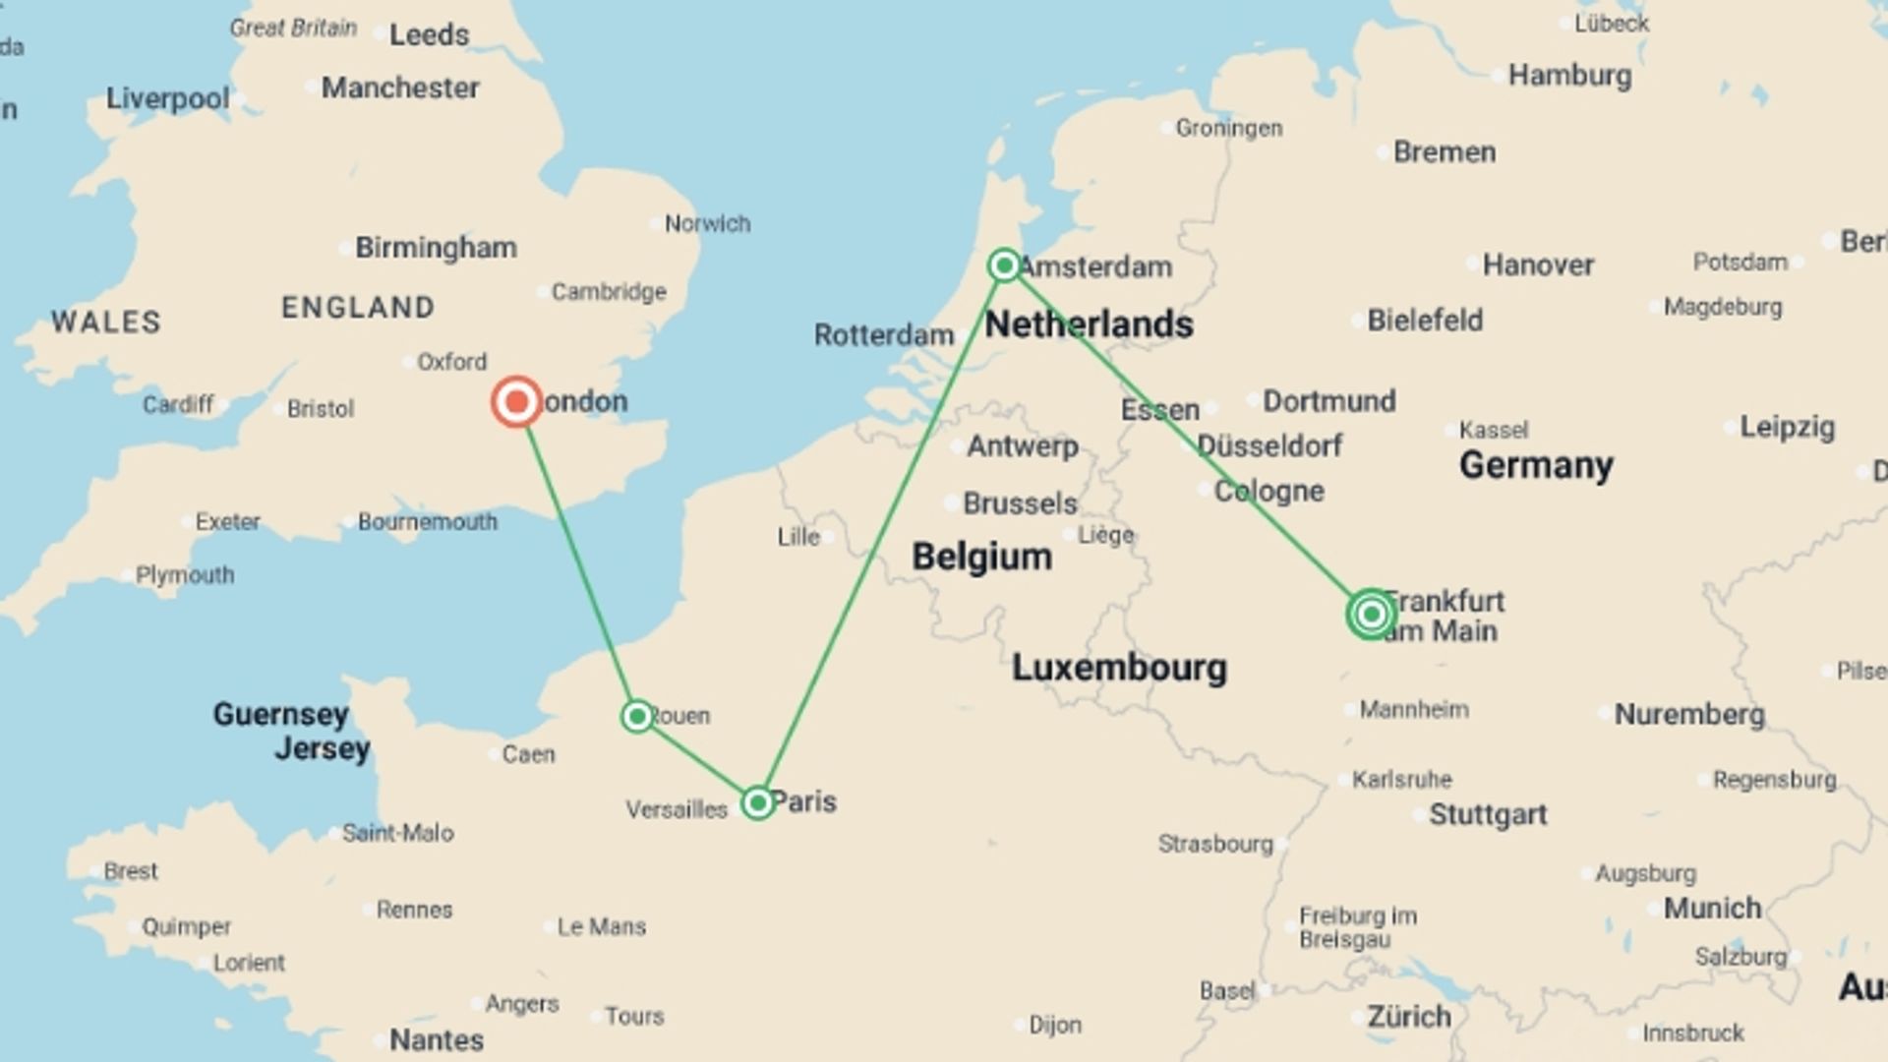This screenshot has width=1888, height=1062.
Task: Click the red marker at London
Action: point(516,401)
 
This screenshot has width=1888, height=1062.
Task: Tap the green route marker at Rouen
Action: point(637,716)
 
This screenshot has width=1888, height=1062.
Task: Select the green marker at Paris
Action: point(757,803)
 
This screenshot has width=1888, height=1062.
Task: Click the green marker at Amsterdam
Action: point(1004,265)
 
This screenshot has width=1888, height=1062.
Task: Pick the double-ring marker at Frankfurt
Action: point(1371,615)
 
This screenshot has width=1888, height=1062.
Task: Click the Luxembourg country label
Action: point(1119,668)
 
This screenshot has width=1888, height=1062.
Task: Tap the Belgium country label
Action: point(981,557)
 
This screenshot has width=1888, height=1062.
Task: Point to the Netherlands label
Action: point(1089,324)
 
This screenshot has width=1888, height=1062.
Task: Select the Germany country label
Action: point(1536,464)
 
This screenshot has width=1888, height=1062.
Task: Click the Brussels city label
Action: point(1020,503)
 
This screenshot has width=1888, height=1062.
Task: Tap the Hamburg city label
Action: point(1569,76)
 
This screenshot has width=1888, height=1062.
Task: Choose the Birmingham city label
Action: point(436,248)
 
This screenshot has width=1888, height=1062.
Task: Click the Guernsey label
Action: point(281,714)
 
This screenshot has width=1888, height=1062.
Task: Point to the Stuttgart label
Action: point(1488,814)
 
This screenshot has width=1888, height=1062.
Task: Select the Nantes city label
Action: point(437,1039)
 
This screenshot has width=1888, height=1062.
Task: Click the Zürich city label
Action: point(1408,1016)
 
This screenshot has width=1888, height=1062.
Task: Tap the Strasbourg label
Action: point(1215,844)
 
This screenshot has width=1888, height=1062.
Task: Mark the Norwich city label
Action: point(707,224)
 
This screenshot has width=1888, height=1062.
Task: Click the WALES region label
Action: point(106,323)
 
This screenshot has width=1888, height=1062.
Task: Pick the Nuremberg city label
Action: point(1689,714)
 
